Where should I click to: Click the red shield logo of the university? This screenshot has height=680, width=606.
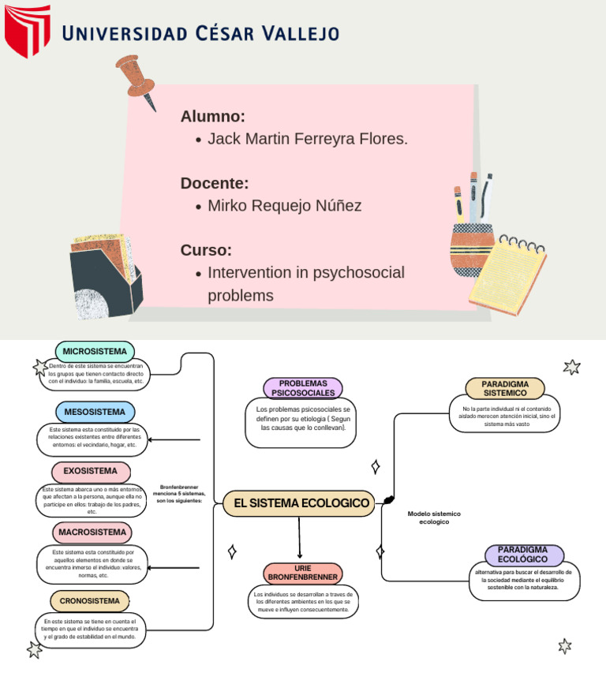(x=27, y=31)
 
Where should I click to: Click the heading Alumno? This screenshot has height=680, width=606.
(x=213, y=117)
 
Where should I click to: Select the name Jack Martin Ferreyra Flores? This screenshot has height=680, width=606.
(x=307, y=140)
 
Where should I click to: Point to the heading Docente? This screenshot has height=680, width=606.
(x=215, y=184)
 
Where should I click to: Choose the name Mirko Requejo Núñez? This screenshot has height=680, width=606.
(x=284, y=206)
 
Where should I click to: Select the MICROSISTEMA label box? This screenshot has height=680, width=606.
(x=95, y=352)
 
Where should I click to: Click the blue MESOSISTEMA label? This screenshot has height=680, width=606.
(x=95, y=412)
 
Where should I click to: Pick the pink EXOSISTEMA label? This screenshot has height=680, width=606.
(x=91, y=472)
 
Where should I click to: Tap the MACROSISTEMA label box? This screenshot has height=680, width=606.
(x=92, y=532)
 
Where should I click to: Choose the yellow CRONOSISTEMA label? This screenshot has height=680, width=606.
(x=89, y=601)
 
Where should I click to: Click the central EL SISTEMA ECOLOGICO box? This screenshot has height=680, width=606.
(x=298, y=503)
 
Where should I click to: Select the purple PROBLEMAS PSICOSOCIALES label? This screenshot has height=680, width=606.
(x=303, y=388)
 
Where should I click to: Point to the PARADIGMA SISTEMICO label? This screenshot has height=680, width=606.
(x=505, y=388)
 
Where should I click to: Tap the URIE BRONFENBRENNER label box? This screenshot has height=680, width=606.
(x=303, y=574)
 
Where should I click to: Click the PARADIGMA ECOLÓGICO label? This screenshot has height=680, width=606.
(x=524, y=555)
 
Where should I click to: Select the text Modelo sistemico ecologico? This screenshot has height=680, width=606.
(x=434, y=517)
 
